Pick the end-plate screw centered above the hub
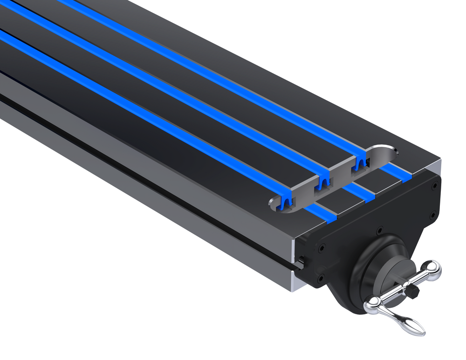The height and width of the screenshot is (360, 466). (380, 229)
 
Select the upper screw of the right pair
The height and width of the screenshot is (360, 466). (434, 185)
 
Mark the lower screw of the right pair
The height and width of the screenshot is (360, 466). (433, 214)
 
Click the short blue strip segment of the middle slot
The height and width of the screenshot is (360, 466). (359, 192)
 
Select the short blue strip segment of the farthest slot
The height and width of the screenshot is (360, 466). (396, 173)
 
